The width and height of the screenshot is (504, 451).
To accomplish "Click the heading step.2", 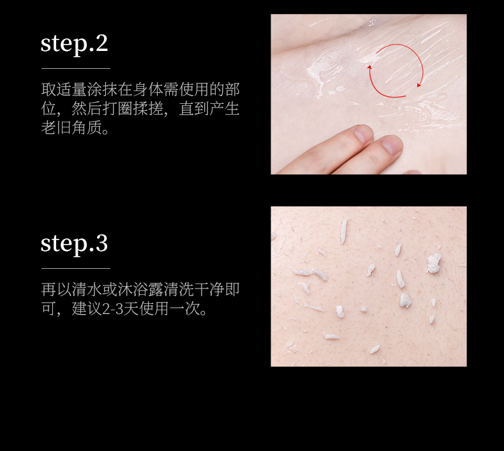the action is (74, 44).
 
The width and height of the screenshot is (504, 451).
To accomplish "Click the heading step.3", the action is (74, 243).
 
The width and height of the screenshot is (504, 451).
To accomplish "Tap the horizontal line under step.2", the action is (76, 68).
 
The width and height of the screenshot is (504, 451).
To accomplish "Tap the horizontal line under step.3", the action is (76, 268).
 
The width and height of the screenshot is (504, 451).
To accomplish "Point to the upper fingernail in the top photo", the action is (363, 134).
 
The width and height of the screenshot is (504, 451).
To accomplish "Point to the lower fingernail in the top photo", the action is (392, 145).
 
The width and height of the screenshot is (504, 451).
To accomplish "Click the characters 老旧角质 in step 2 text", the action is (71, 128).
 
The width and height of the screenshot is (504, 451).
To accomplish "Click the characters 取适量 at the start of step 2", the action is (64, 89).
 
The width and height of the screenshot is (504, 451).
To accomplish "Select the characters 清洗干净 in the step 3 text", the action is (194, 289).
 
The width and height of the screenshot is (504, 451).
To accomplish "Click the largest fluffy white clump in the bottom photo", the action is (434, 263).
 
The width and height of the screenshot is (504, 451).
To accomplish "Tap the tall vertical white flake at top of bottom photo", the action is (344, 230).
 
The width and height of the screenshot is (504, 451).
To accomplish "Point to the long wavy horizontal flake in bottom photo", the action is (309, 274).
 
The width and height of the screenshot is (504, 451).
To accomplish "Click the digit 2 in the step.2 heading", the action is (101, 43).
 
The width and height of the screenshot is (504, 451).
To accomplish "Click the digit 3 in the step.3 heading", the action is (101, 243).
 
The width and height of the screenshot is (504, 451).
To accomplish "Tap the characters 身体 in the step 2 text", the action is (148, 89).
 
